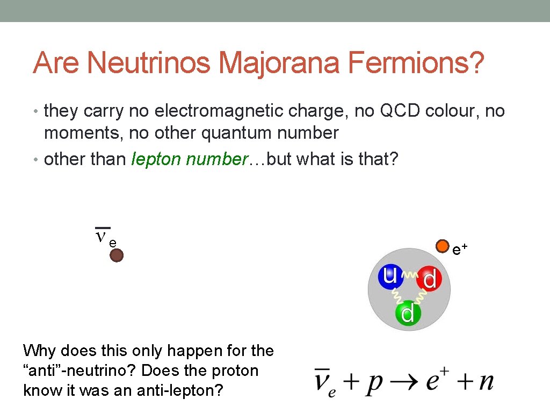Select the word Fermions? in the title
(x=416, y=63)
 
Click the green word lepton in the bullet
(x=156, y=159)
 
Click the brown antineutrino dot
(x=117, y=255)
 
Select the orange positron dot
(x=442, y=246)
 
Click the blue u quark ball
(x=389, y=275)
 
